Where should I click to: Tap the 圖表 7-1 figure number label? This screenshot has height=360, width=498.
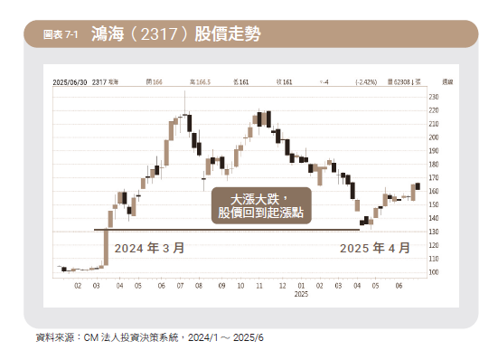61,35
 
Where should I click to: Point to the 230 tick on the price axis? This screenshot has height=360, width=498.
434,97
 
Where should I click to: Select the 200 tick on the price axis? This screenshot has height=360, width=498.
434,137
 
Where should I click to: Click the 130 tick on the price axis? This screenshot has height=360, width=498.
434,232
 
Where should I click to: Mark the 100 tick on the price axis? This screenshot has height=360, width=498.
434,272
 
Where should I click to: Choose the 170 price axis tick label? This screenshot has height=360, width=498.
434,177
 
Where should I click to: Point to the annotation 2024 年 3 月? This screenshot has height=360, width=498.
149,247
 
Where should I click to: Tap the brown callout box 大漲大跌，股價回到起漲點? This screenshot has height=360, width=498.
258,205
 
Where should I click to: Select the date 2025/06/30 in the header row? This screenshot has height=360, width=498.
71,81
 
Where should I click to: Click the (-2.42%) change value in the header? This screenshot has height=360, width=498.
369,81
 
